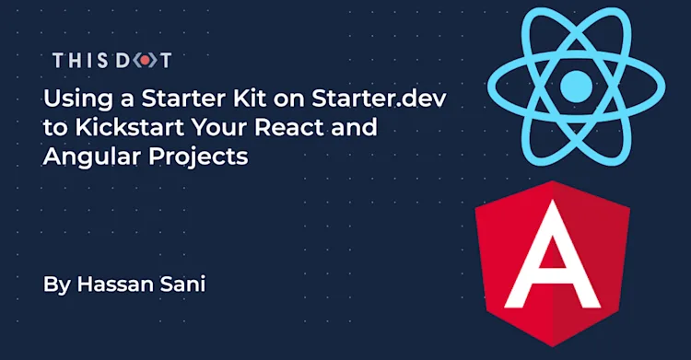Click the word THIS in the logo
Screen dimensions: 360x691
click(x=77, y=62)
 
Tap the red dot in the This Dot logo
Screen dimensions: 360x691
click(x=142, y=62)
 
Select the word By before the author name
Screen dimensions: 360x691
click(x=56, y=285)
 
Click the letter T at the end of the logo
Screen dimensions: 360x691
click(x=165, y=62)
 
